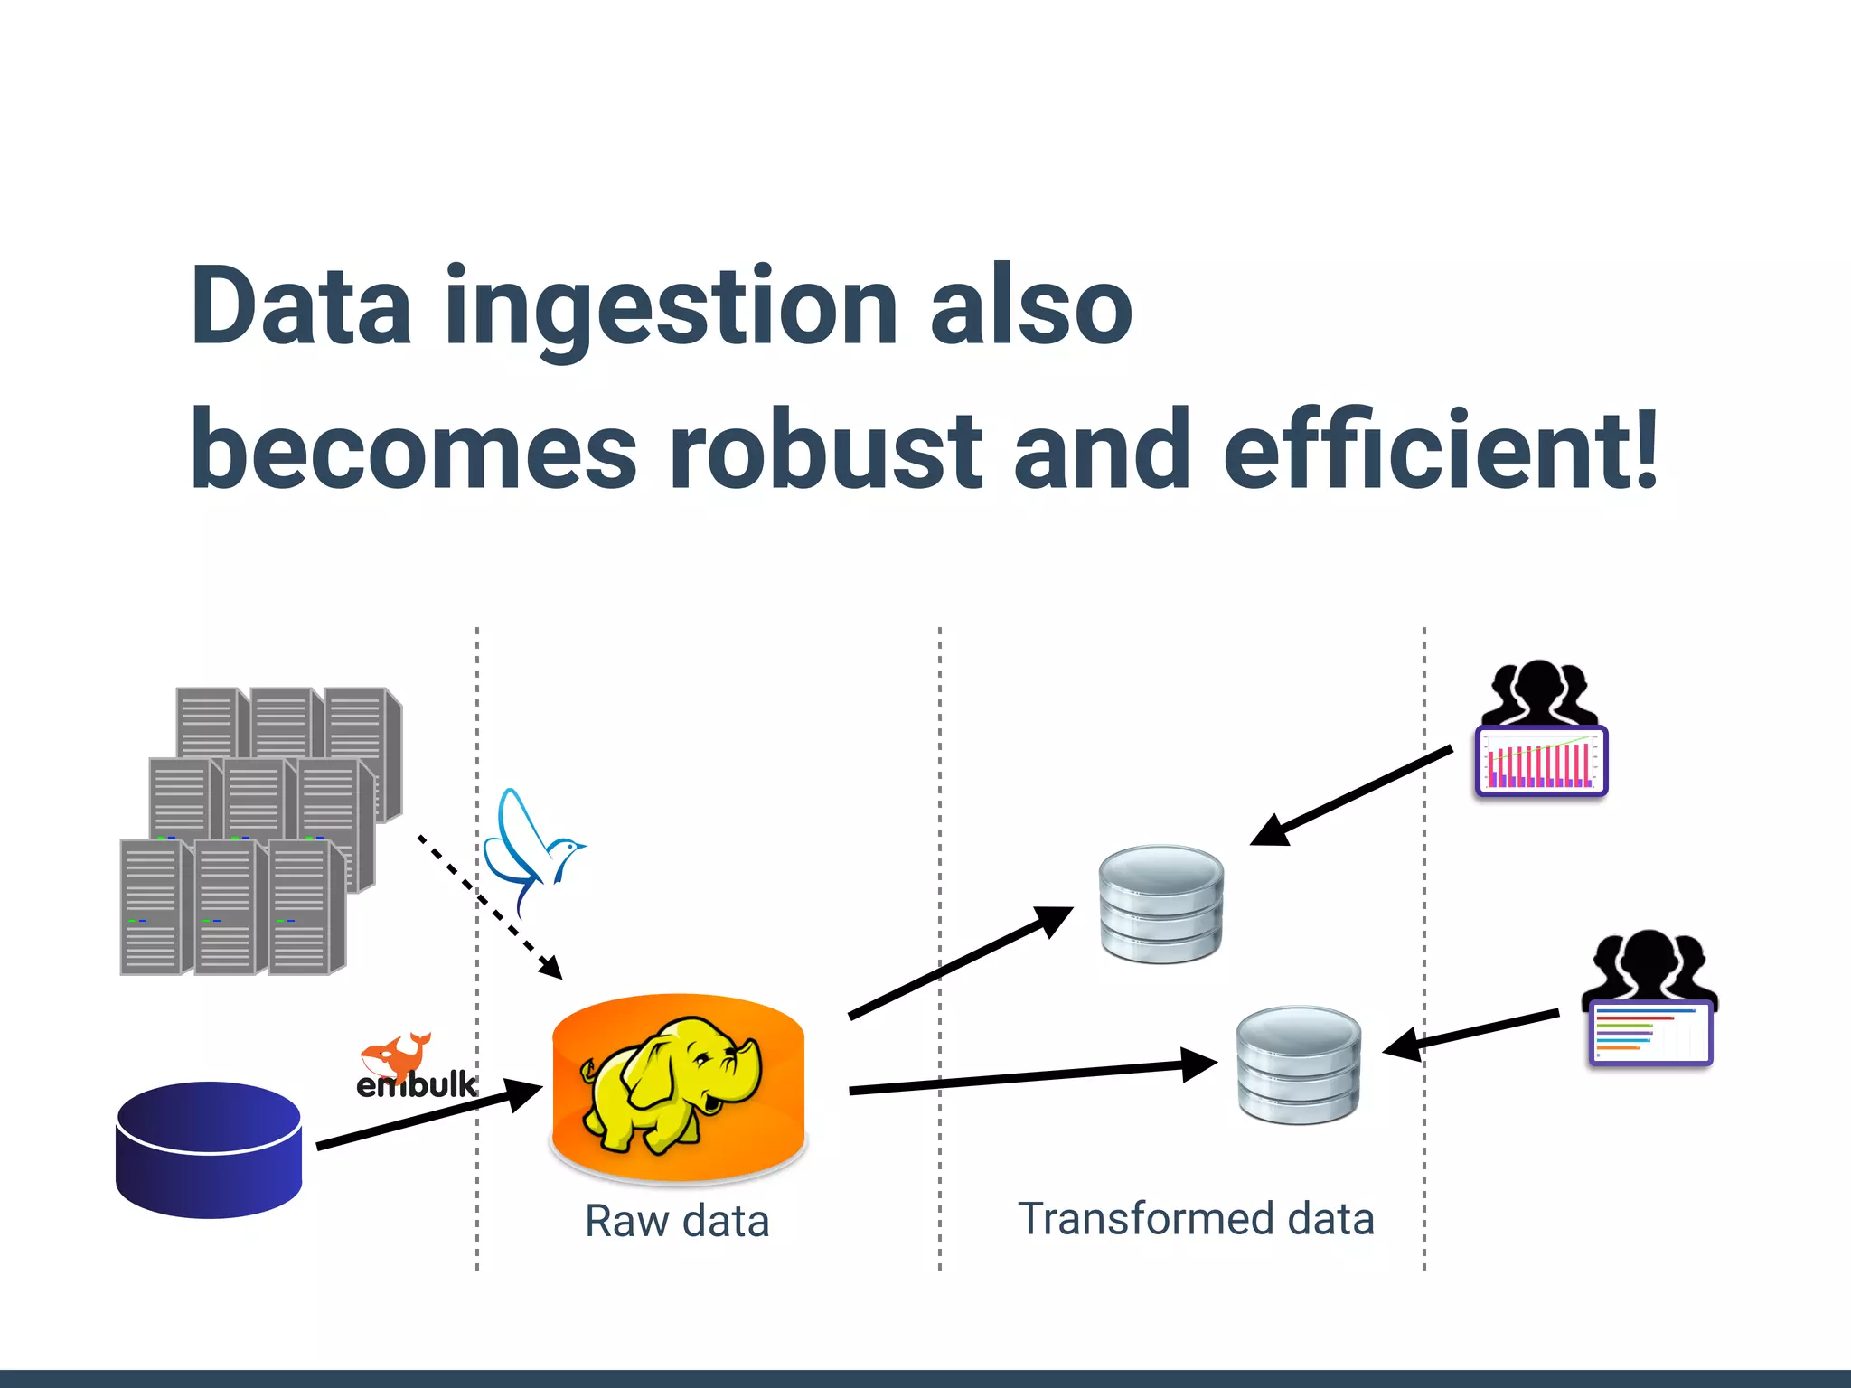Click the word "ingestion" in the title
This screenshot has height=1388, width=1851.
[x=671, y=307]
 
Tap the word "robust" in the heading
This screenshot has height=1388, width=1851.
[x=824, y=449]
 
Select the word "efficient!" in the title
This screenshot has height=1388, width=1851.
[x=1441, y=449]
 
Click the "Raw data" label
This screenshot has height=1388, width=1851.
[x=677, y=1221]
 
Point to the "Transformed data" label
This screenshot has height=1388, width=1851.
[x=1196, y=1218]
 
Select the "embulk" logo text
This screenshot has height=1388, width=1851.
[x=416, y=1084]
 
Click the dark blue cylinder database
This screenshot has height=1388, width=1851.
[x=209, y=1149]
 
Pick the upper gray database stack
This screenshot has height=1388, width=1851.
[x=1161, y=904]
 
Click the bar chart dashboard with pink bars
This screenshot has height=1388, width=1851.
[x=1541, y=761]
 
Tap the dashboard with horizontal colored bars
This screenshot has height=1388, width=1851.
[x=1650, y=1033]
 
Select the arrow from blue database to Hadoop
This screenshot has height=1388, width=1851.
[x=425, y=1117]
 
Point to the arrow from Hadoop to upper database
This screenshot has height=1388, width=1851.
[x=958, y=963]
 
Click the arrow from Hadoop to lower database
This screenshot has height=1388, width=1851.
[x=1030, y=1077]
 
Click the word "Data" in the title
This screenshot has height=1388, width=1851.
[x=301, y=307]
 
